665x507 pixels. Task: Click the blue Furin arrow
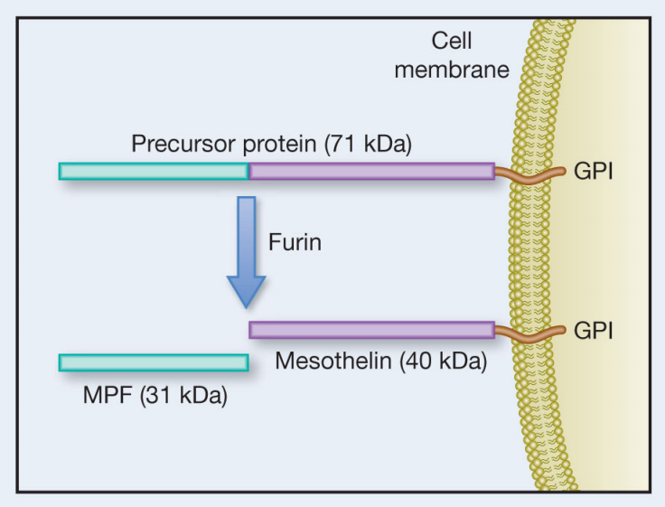click(245, 239)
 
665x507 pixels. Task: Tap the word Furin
click(295, 243)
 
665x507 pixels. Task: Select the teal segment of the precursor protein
click(154, 171)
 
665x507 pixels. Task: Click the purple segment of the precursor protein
click(371, 171)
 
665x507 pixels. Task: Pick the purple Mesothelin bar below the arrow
click(371, 330)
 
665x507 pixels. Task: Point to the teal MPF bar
click(154, 362)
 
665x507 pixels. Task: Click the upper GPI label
click(594, 171)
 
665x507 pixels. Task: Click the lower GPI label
click(594, 331)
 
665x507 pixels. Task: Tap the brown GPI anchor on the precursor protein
click(529, 173)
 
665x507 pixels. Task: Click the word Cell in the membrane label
click(452, 41)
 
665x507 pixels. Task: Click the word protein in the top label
click(267, 145)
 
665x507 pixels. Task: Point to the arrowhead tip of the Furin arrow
click(245, 305)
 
